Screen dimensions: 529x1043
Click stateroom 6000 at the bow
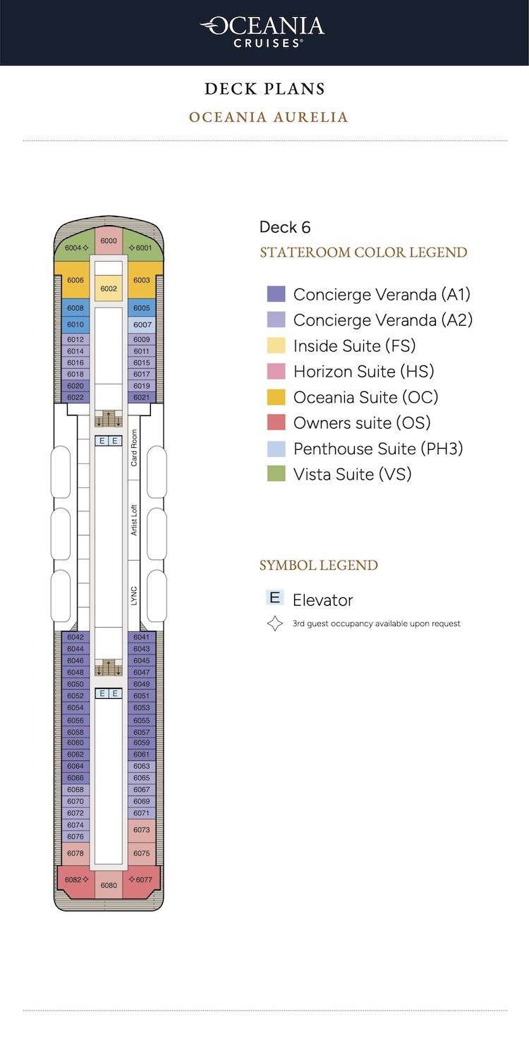coord(109,240)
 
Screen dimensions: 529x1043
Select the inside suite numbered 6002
coord(109,288)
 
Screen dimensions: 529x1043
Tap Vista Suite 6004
coord(75,247)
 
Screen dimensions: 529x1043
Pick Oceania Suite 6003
coord(142,280)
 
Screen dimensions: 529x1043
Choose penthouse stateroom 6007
coord(142,324)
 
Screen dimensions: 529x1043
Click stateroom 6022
coord(75,397)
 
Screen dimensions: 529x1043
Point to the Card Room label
coord(134,448)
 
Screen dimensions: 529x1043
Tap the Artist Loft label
coord(134,520)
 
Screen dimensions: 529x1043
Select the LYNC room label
coord(134,595)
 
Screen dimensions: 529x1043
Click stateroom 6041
coord(142,637)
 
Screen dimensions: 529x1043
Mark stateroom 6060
coord(75,743)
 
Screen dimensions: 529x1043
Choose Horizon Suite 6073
coord(142,830)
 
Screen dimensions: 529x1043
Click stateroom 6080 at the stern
coord(109,885)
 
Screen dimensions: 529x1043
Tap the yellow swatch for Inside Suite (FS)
coord(276,346)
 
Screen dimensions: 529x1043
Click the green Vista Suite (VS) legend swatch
coord(276,473)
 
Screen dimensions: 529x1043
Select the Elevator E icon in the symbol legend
coord(275,597)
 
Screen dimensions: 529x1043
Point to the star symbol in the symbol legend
coord(275,623)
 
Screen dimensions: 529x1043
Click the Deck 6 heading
coord(284,227)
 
